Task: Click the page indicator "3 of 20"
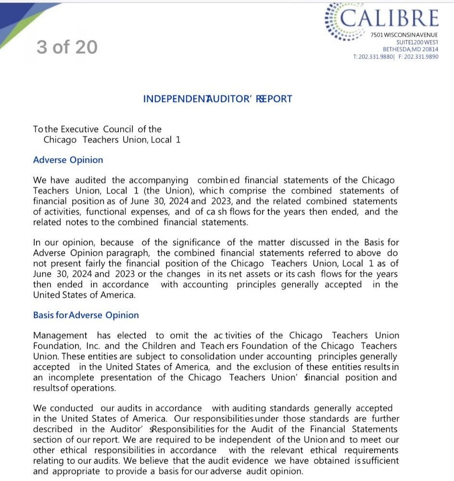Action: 67,47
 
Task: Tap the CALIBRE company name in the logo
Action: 390,18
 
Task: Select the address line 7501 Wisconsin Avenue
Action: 404,35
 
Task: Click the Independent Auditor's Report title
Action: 217,99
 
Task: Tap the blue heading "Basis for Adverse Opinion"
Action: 86,315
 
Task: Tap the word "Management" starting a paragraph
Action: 60,335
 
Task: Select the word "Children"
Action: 161,346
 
